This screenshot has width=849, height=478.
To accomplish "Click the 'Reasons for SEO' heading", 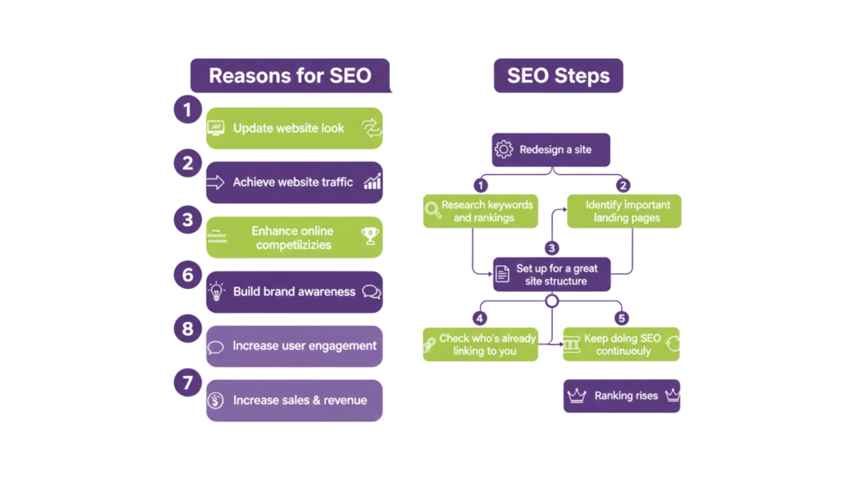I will tap(289, 76).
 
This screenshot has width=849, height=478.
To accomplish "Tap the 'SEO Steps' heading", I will tap(558, 76).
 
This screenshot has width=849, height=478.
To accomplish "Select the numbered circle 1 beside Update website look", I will tap(188, 110).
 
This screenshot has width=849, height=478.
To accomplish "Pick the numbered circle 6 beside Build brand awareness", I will tap(188, 273).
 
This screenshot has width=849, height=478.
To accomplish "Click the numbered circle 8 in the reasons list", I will tap(188, 328).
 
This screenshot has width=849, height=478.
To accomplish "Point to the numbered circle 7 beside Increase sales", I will tap(188, 383).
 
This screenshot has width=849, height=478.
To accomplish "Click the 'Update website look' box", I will tap(294, 128).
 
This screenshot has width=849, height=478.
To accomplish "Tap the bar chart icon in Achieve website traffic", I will tap(372, 183).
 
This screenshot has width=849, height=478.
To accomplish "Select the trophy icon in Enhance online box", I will tap(370, 237).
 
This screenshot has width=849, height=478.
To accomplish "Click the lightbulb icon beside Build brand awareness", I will tap(216, 291).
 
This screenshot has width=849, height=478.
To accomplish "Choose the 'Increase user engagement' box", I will tap(294, 346).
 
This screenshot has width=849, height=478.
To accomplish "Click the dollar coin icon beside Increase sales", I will tap(216, 401).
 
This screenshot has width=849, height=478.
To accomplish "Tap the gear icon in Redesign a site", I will tap(503, 150).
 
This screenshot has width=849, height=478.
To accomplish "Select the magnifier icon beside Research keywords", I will tap(433, 211).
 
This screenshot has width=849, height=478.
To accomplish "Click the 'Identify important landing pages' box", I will tap(623, 212).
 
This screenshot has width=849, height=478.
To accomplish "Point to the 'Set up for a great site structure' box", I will tap(551, 275).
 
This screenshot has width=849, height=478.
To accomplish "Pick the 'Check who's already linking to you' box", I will tap(481, 344).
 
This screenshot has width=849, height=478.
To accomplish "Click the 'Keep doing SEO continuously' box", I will tap(622, 344).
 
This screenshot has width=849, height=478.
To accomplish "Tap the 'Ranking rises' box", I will tap(622, 396).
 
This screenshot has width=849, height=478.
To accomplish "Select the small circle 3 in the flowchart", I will tap(551, 247).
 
